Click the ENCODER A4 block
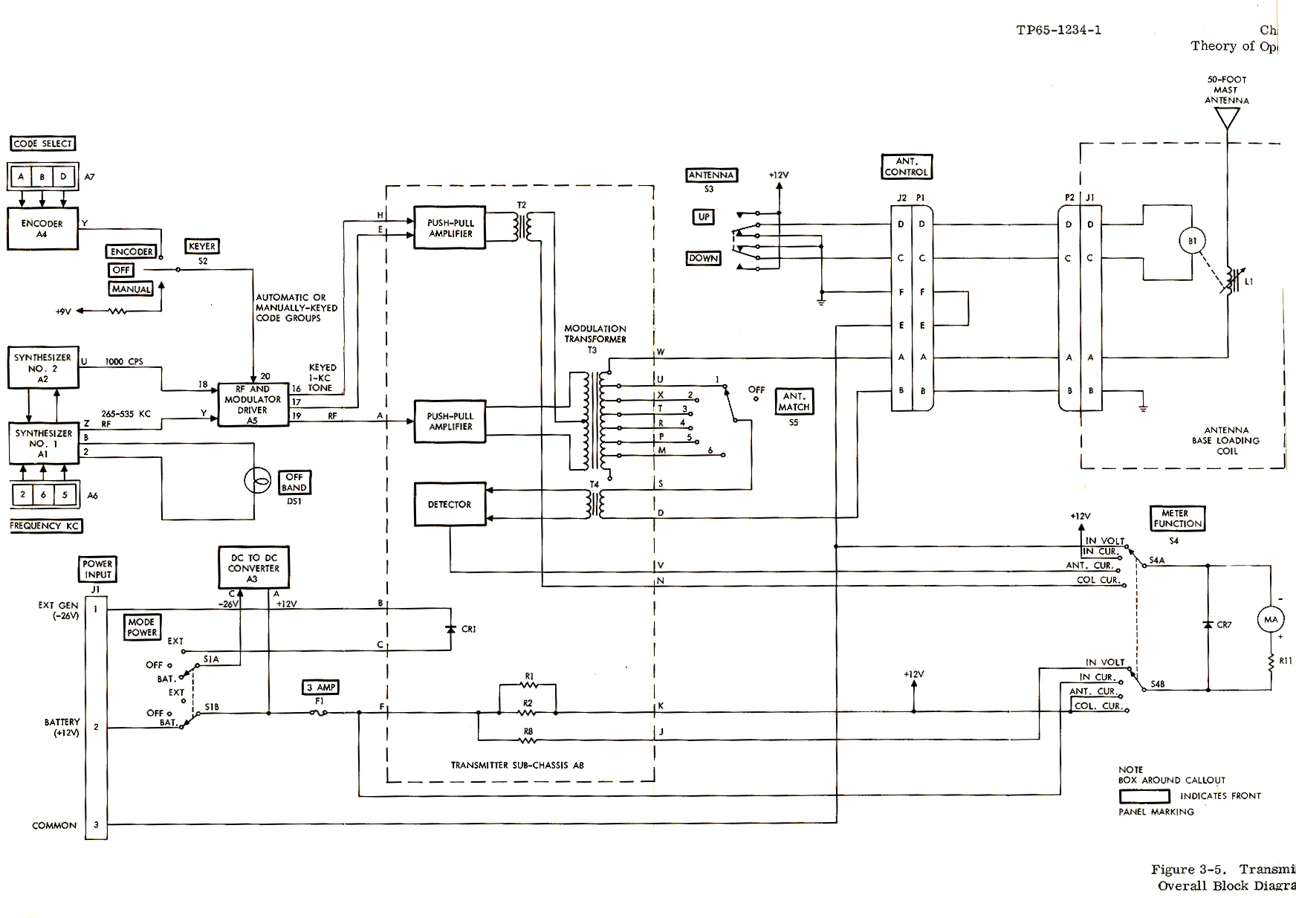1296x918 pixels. [x=42, y=228]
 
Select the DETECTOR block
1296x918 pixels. [x=450, y=505]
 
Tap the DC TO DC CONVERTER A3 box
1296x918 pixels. [x=254, y=567]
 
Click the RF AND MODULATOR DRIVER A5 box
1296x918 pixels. [x=253, y=404]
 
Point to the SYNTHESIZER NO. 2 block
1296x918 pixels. [x=43, y=368]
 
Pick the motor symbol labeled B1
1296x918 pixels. [x=1192, y=242]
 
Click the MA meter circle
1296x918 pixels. [x=1271, y=619]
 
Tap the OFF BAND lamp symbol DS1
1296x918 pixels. [x=258, y=482]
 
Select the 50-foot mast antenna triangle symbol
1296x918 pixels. [x=1227, y=118]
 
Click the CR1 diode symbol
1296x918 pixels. [x=450, y=629]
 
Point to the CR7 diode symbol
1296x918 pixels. [x=1208, y=624]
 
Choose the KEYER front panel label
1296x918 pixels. [x=202, y=246]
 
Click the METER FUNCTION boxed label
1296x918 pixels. [x=1177, y=518]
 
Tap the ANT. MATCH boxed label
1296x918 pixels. [x=794, y=401]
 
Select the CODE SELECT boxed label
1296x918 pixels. [x=43, y=143]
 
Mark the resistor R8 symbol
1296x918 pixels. [x=528, y=740]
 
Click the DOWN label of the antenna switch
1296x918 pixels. [x=703, y=258]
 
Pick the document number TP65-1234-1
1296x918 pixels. [x=1059, y=30]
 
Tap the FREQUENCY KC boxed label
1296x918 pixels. [x=45, y=526]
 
